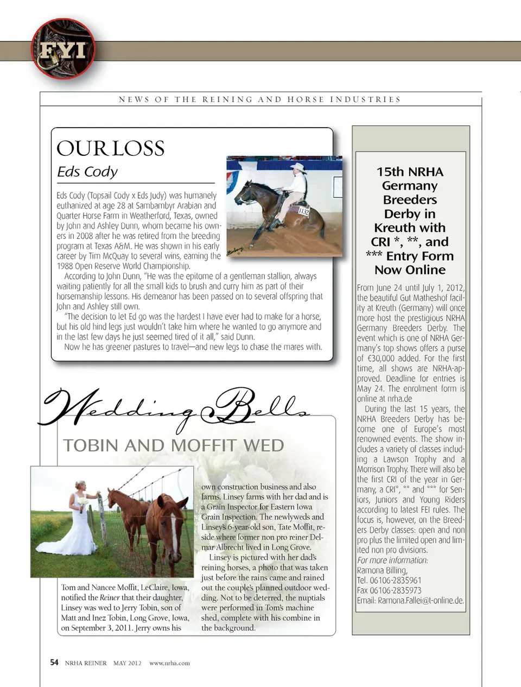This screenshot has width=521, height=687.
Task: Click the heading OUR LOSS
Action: point(111,148)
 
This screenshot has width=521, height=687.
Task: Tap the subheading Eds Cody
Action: point(87,172)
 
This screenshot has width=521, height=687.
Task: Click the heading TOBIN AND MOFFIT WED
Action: point(174,446)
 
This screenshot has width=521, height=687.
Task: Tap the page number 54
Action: point(54,663)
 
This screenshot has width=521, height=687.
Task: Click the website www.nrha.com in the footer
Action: point(169,663)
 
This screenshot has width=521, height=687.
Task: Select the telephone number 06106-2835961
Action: point(396,581)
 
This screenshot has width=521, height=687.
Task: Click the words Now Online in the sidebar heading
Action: point(410,270)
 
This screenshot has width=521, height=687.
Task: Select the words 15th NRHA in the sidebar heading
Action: point(410,172)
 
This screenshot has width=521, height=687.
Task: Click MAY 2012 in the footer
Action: point(127,663)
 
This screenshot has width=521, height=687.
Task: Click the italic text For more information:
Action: point(392,560)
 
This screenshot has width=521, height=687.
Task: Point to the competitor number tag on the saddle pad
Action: point(303,212)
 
